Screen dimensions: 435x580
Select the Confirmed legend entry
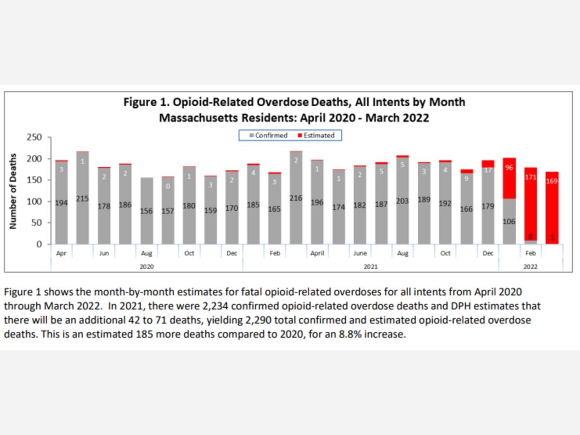(x=268, y=135)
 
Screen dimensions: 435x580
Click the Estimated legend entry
(x=316, y=135)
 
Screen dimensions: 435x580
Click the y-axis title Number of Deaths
(x=14, y=191)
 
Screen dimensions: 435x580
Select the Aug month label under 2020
(x=146, y=253)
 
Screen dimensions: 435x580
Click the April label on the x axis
(x=317, y=253)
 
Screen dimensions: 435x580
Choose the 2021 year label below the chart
(x=371, y=266)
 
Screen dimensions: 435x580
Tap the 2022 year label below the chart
(x=530, y=266)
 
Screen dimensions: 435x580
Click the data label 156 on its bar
(x=146, y=211)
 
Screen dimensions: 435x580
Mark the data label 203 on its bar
(x=403, y=202)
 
